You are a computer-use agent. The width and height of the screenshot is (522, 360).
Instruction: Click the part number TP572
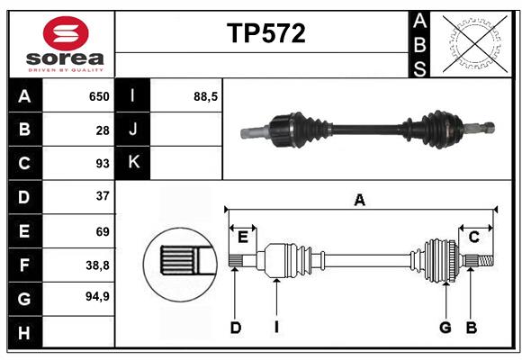pyautogui.click(x=265, y=33)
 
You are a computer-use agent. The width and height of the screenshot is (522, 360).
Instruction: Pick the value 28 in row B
pyautogui.click(x=103, y=130)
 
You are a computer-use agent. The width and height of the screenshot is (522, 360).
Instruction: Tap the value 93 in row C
pyautogui.click(x=103, y=163)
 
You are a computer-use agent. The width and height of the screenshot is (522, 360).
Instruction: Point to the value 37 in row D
pyautogui.click(x=103, y=196)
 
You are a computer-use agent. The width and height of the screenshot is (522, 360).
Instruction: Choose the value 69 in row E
pyautogui.click(x=103, y=231)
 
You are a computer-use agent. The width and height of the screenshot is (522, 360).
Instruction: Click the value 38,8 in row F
pyautogui.click(x=97, y=265)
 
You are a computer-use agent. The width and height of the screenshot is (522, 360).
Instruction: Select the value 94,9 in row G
pyautogui.click(x=97, y=296)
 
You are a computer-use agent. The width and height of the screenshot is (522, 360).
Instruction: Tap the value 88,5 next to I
pyautogui.click(x=206, y=96)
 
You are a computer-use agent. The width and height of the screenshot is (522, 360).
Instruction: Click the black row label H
pyautogui.click(x=24, y=334)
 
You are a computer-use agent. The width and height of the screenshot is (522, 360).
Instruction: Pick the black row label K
pyautogui.click(x=132, y=163)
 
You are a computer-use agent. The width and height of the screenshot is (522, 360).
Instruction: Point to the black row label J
pyautogui.click(x=132, y=130)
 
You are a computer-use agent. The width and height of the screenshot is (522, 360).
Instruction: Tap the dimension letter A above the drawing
pyautogui.click(x=360, y=201)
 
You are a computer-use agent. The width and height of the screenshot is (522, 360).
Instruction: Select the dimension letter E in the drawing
pyautogui.click(x=243, y=237)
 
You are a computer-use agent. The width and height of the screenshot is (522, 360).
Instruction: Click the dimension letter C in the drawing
pyautogui.click(x=473, y=237)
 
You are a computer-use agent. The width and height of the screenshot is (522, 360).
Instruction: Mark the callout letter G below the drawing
pyautogui.click(x=445, y=328)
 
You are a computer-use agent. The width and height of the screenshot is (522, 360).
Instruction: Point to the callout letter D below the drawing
pyautogui.click(x=235, y=328)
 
